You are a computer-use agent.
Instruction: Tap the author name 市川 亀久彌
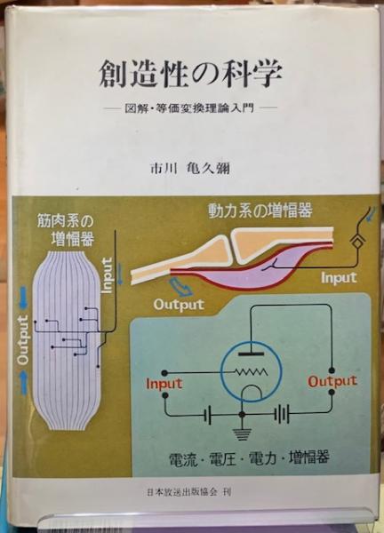click(x=190, y=169)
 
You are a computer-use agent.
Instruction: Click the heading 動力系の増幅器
click(x=260, y=211)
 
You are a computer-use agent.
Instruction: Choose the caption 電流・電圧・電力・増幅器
click(x=249, y=458)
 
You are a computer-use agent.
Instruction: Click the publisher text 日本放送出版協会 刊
click(x=189, y=492)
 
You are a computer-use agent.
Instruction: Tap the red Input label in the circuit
click(x=164, y=384)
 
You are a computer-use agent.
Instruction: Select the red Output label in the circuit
click(x=332, y=381)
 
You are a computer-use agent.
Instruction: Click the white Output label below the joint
click(x=179, y=305)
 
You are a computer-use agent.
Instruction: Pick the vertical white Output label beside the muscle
click(x=23, y=340)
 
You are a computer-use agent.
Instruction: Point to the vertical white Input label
click(x=107, y=275)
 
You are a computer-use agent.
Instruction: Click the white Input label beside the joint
click(x=339, y=278)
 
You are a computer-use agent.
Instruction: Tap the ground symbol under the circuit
click(x=242, y=434)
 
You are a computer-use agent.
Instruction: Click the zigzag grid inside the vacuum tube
click(x=251, y=372)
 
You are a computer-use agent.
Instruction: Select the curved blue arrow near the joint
click(x=181, y=287)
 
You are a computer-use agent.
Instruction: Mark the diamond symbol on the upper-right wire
click(x=358, y=243)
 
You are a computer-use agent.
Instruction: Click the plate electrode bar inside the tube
click(x=251, y=354)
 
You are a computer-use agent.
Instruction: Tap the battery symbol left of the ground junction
click(x=209, y=415)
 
